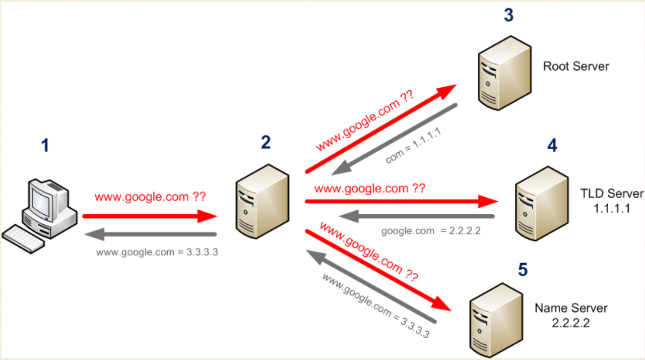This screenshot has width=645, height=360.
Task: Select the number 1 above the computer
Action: (45, 146)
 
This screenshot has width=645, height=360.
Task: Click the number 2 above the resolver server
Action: (266, 143)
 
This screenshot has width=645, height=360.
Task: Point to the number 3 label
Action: (508, 15)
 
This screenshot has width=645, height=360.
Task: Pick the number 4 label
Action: (552, 146)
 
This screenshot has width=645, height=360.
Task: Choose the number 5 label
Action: (523, 270)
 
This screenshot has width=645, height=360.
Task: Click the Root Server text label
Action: (576, 66)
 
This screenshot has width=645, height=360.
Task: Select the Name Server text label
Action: (571, 308)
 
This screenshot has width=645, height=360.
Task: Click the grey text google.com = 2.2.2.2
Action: (431, 231)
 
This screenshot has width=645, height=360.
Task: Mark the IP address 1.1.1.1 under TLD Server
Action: (612, 208)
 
